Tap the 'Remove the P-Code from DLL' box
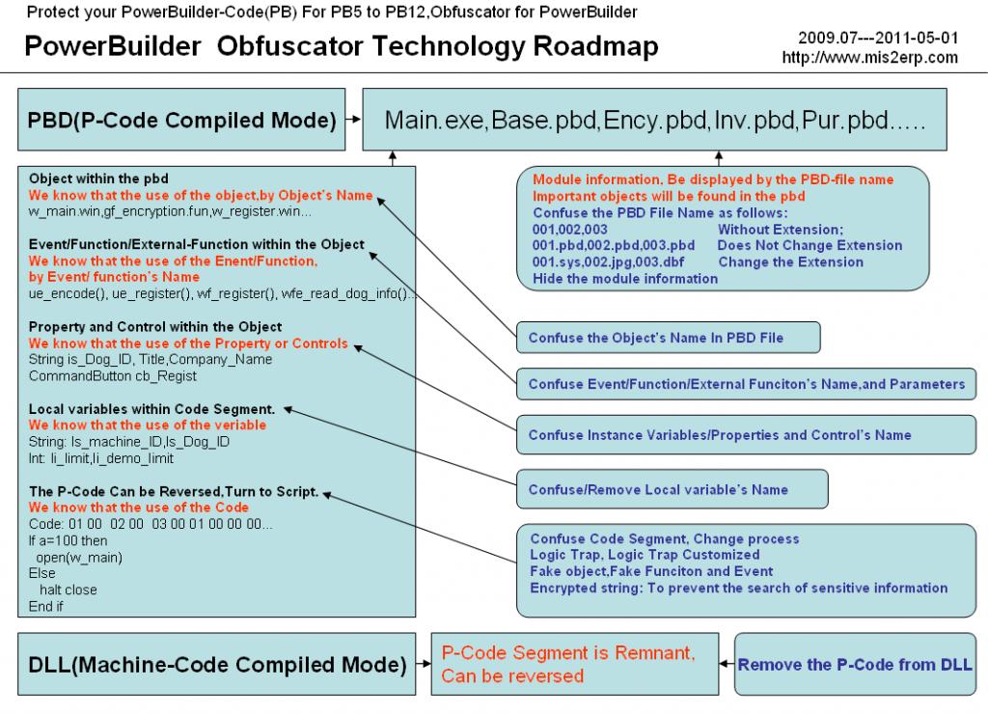click(x=855, y=664)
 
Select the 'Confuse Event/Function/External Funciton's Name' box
click(x=747, y=384)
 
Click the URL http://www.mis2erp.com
click(x=870, y=57)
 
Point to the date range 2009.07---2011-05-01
click(x=878, y=39)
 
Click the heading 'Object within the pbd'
click(x=98, y=179)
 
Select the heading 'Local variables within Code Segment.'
click(x=151, y=408)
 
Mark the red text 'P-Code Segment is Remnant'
click(x=567, y=654)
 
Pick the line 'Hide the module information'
click(x=625, y=278)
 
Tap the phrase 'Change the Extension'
click(x=790, y=261)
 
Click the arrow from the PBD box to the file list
click(x=354, y=121)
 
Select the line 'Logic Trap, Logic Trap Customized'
click(x=645, y=555)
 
